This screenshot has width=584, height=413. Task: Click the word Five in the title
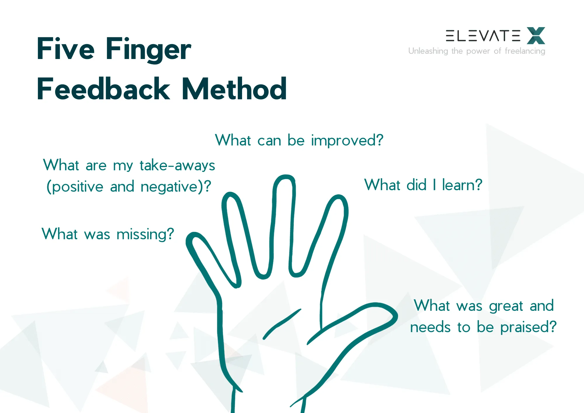65,49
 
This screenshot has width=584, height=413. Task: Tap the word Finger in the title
148,50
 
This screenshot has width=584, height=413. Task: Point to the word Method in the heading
234,89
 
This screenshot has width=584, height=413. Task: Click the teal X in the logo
536,36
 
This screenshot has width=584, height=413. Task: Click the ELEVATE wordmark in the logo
483,36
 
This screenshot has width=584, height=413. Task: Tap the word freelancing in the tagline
525,51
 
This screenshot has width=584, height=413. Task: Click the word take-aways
177,165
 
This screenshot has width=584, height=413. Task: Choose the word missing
145,235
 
